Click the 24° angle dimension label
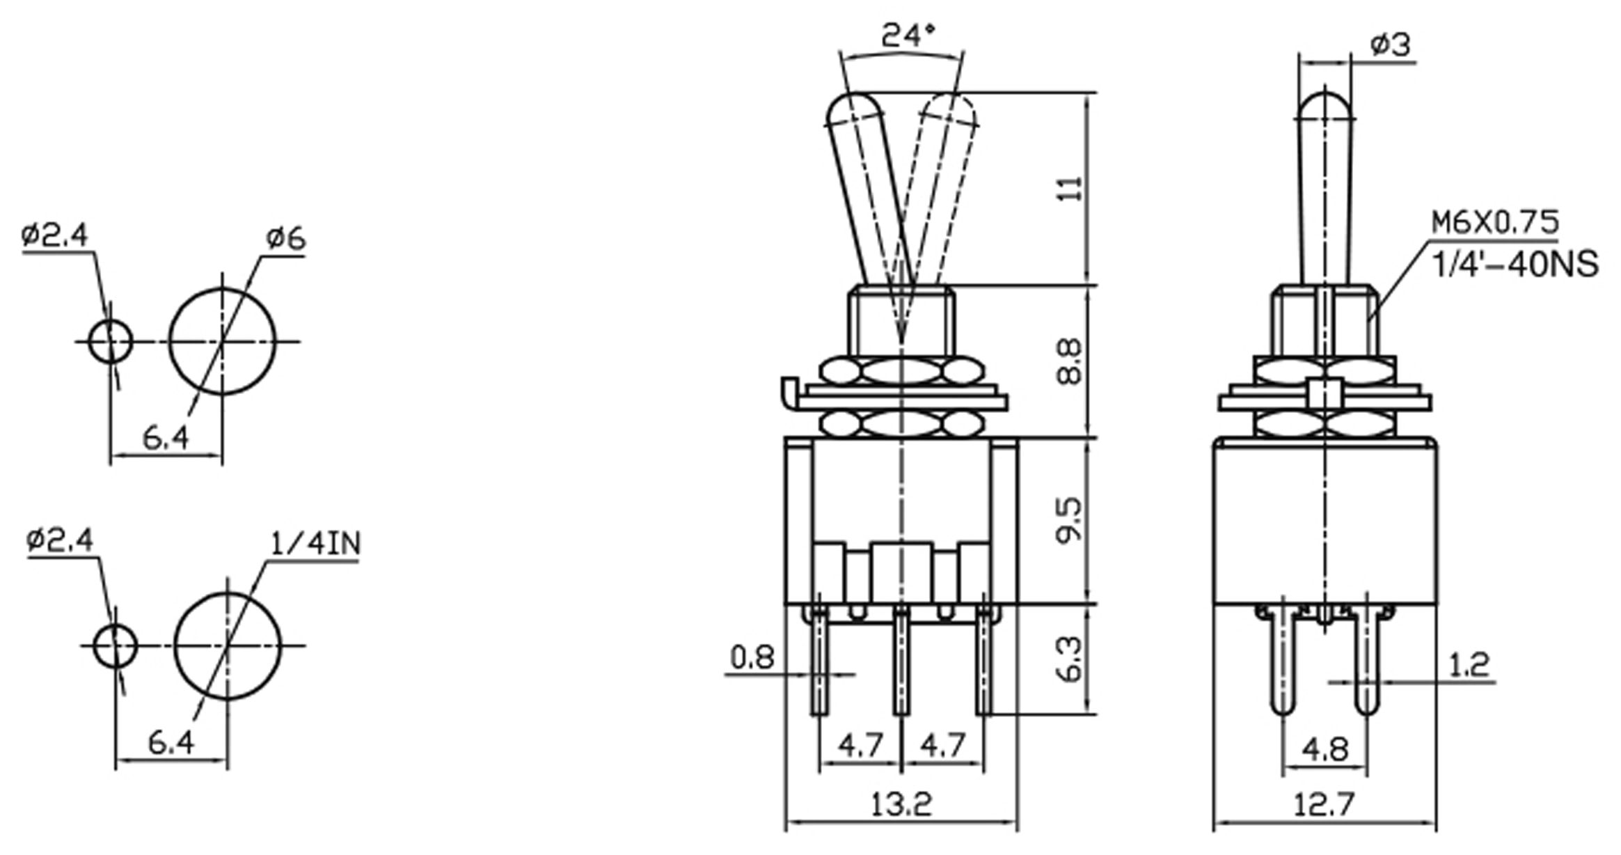pos(908,36)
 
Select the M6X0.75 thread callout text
pos(1494,223)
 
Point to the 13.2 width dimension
pos(901,805)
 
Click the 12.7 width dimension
pos(1324,805)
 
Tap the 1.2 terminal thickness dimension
pos(1468,666)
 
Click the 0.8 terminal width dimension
pos(752,657)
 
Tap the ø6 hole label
pos(285,239)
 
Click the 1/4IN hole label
pos(316,544)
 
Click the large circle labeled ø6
pos(222,341)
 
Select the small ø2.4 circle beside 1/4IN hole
pos(115,645)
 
